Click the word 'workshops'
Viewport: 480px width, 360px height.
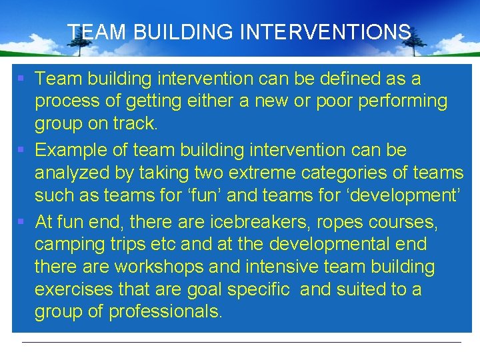click(159, 267)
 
